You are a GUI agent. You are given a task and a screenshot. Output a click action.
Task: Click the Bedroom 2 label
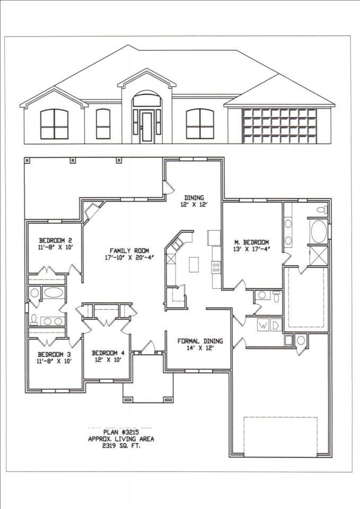56,241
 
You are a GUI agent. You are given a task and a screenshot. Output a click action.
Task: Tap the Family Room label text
129,251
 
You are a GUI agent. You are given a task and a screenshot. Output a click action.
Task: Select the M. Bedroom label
252,242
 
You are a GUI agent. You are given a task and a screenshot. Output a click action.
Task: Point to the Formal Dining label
200,341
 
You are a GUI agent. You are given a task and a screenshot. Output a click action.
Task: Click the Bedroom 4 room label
108,353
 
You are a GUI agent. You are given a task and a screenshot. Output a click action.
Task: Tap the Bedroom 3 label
54,355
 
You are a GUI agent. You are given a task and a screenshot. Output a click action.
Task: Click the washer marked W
264,325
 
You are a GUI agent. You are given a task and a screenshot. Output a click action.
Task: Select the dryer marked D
276,325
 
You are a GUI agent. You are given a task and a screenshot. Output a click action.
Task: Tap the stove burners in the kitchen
216,268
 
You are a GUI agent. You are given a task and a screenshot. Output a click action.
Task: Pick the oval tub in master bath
319,231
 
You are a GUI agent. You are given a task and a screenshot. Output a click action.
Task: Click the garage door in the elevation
279,126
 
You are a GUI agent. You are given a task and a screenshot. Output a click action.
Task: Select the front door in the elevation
147,127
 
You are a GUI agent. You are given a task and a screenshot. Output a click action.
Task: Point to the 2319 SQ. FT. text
121,446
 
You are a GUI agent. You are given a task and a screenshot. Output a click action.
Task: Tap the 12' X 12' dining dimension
194,205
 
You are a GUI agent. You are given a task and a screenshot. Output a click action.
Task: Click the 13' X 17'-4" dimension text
252,249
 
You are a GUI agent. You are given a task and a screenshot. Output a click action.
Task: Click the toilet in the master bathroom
322,209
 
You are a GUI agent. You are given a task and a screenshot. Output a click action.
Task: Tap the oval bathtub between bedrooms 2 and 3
54,293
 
